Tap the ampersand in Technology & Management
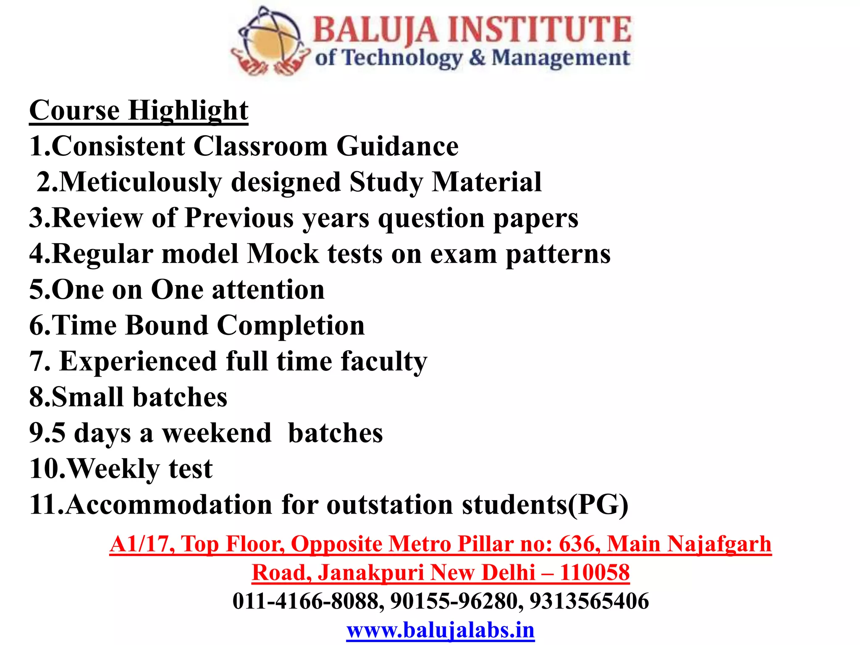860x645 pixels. point(477,58)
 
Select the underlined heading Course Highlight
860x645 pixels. point(139,110)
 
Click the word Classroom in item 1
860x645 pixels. point(260,146)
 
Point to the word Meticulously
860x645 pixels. point(140,182)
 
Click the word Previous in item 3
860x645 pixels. point(239,218)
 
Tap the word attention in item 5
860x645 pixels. point(268,290)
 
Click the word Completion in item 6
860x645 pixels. point(291,325)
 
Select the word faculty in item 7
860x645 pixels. point(384,361)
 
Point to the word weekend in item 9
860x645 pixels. point(217,433)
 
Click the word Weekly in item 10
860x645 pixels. point(113,469)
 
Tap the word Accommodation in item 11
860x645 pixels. point(169,504)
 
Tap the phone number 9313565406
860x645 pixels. point(589,601)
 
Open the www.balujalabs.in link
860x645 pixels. point(440,630)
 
